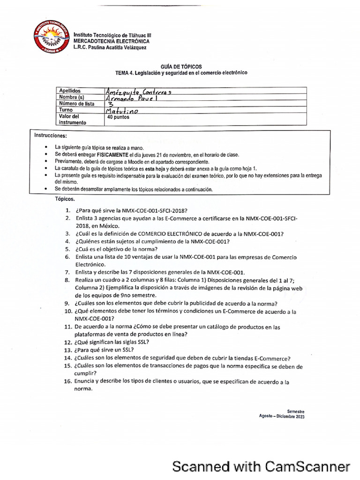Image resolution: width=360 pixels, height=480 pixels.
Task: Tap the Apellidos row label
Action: click(x=70, y=90)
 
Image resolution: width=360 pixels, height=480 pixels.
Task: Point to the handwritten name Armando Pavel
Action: click(x=134, y=98)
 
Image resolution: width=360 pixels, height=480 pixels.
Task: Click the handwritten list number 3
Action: click(x=111, y=104)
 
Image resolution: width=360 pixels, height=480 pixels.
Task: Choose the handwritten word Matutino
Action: click(x=123, y=111)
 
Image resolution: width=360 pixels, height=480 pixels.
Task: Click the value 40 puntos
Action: click(x=118, y=118)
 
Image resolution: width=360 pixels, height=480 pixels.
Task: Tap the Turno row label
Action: click(x=66, y=110)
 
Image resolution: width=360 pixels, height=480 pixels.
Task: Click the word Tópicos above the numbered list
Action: click(x=64, y=199)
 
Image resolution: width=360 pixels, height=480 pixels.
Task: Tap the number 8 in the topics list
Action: click(x=67, y=280)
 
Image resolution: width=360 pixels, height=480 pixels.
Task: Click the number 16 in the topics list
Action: click(x=67, y=382)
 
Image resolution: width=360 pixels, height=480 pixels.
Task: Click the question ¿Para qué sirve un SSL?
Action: click(x=104, y=350)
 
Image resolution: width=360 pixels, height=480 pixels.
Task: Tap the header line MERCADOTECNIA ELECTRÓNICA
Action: click(x=108, y=41)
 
